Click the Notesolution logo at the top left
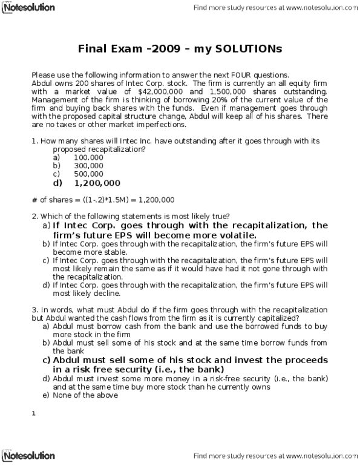pos(28,8)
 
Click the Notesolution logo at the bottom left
pos(28,456)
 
